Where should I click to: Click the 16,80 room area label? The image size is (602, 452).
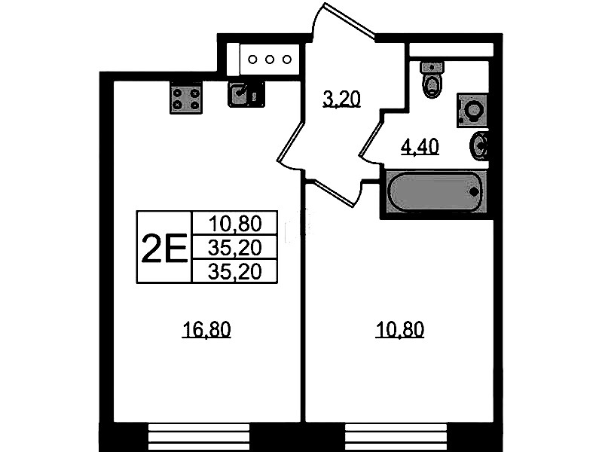coord(206,330)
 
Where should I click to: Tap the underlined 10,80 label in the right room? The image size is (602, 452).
coord(399,330)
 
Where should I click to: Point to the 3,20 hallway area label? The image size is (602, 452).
coord(342,99)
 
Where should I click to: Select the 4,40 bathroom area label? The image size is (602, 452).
coord(420,147)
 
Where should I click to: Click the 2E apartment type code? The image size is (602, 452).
coord(164,249)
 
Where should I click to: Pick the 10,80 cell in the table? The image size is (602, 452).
coord(235,224)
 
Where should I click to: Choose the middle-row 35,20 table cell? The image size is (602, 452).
coord(235,248)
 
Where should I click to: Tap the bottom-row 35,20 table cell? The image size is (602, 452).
coord(235,272)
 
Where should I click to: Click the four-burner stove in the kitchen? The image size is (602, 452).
coord(186,99)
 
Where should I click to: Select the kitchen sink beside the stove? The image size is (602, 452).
coord(246,94)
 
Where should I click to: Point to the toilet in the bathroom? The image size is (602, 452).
coord(432,79)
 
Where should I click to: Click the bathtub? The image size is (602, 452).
coord(434,191)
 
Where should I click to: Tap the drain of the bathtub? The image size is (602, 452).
coord(474,191)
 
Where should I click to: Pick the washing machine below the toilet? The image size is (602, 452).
coord(472,110)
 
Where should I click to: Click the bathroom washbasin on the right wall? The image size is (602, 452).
coord(479,145)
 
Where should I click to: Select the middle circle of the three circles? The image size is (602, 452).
coord(270,60)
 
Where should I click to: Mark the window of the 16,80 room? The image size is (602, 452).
coord(199,437)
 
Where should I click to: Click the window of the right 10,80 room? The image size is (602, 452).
coord(396,437)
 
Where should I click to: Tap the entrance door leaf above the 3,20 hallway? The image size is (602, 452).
coord(350,20)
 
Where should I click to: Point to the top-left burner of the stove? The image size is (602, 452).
coord(177,93)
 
